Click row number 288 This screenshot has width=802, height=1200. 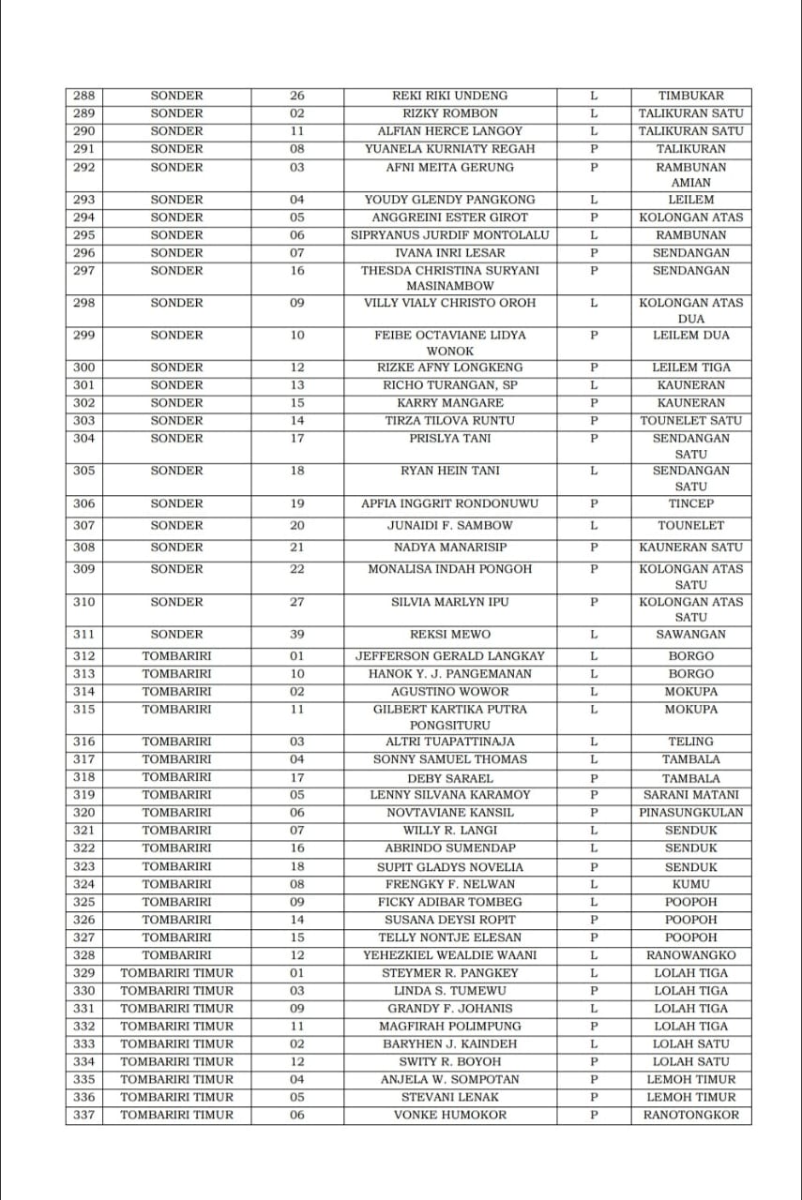(83, 96)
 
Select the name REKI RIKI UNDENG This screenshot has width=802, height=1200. (449, 96)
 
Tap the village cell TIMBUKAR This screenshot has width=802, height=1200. (690, 96)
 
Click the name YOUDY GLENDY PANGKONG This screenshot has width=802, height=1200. (449, 200)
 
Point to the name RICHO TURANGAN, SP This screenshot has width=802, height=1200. (449, 385)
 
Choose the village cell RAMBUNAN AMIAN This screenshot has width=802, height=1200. (690, 174)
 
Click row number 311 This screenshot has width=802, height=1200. (83, 635)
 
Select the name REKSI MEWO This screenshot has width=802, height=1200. (449, 635)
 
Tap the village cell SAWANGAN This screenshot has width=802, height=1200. (690, 635)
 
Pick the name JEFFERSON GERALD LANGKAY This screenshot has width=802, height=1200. (449, 656)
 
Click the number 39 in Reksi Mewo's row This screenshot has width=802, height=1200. (297, 635)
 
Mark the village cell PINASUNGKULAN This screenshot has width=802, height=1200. (690, 813)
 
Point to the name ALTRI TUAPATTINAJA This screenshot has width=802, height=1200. (449, 742)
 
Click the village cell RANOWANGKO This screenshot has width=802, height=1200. (690, 955)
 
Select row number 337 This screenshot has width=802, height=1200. (83, 1115)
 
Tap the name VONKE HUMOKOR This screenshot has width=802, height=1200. (449, 1115)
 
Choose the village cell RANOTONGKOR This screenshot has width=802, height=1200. (690, 1115)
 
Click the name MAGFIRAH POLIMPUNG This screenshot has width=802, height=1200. (449, 1027)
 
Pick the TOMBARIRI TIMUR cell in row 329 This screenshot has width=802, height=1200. (176, 973)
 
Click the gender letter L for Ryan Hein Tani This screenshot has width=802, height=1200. (594, 471)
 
